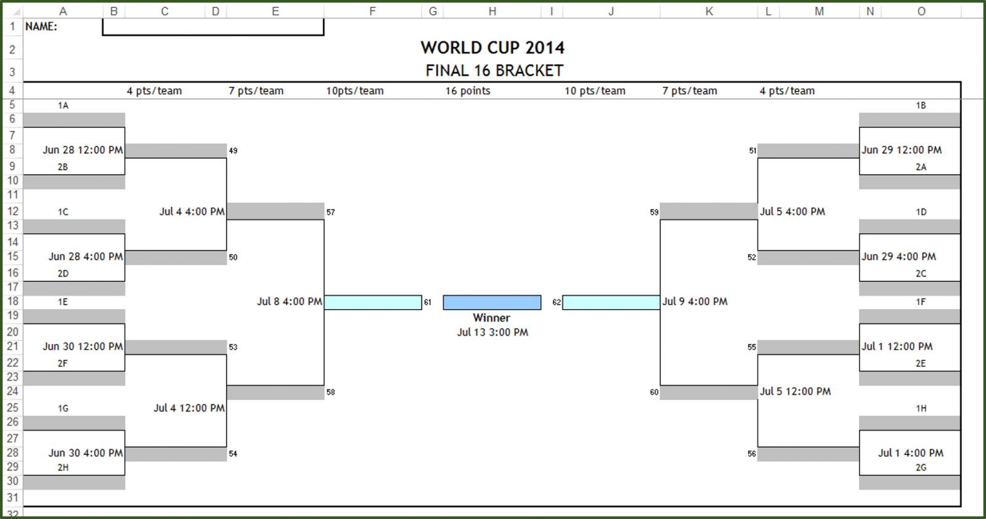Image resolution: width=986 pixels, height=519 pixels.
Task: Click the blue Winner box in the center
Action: coord(492,302)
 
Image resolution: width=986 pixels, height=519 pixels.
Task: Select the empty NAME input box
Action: coord(213,27)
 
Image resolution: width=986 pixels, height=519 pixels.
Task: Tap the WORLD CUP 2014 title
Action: coord(492,47)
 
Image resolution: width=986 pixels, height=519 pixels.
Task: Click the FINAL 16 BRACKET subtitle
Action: coord(494,71)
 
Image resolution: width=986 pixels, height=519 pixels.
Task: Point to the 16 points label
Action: coord(468,91)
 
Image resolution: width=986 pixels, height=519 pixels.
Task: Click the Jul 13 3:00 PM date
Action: coord(492,332)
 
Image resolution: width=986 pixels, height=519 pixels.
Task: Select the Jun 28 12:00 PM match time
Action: coord(83,150)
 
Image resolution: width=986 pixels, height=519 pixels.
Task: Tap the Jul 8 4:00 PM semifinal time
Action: coord(289,302)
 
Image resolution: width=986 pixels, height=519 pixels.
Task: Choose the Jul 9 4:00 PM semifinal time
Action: coord(695,302)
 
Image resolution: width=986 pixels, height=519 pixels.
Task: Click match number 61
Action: coord(428,302)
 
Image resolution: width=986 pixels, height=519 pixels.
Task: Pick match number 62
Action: coord(556,302)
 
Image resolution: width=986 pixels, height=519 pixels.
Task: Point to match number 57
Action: coord(331,212)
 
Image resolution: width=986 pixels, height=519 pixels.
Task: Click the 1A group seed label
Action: coord(63,106)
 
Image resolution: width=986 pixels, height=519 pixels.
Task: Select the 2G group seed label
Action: coord(921,468)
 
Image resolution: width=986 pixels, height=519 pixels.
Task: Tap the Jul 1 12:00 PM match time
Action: coord(897,347)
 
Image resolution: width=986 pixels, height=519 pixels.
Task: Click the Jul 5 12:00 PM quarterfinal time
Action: coord(795,392)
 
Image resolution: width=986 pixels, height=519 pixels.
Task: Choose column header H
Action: coord(492,11)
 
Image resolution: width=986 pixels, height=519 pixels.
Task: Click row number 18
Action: coord(12,302)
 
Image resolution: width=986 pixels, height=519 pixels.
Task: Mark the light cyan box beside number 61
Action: coord(373,302)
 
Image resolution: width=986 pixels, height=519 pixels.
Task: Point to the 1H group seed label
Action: coord(921,409)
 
